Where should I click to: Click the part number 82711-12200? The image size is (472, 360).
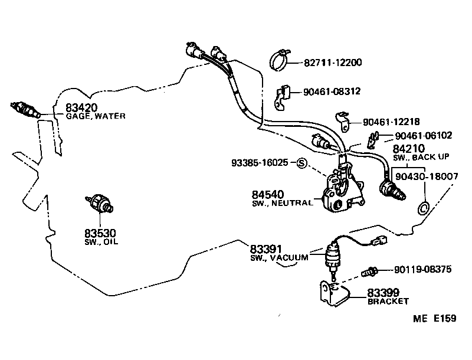333,63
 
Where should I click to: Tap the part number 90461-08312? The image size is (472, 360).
332,91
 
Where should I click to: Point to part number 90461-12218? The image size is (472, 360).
391,122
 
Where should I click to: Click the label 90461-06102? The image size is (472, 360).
424,136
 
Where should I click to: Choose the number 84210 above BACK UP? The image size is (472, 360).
408,149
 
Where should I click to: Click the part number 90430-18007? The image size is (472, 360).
427,176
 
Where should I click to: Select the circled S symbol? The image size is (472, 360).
301,163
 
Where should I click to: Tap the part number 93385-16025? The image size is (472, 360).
260,163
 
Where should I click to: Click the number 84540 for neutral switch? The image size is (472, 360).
268,194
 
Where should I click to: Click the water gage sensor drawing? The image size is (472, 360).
25,110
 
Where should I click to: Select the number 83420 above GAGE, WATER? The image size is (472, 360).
81,107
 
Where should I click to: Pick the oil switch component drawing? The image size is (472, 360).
100,202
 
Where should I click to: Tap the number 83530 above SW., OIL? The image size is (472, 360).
100,233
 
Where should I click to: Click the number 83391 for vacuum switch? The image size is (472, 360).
266,249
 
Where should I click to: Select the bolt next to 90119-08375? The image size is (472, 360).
369,272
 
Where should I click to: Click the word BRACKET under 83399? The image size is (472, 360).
388,302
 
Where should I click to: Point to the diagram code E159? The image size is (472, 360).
445,319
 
